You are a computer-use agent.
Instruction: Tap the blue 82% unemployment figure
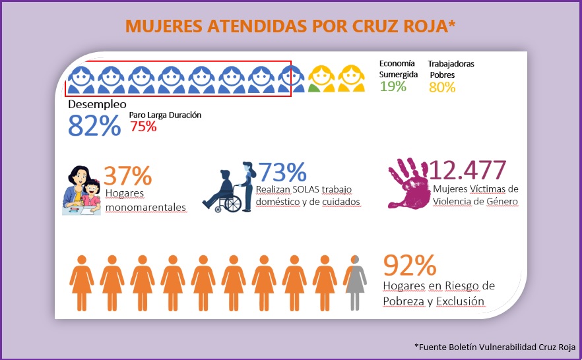[x=94, y=125]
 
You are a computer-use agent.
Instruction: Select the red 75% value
[x=143, y=127]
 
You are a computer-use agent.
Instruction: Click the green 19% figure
[x=393, y=86]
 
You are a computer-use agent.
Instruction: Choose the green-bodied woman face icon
[x=322, y=78]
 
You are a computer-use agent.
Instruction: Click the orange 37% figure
[x=128, y=175]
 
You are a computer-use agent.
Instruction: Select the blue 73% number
[x=282, y=171]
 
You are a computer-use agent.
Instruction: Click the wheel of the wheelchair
[x=233, y=204]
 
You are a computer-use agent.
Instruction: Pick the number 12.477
[x=468, y=171]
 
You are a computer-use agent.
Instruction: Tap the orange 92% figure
[x=410, y=265]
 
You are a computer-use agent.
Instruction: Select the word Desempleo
[x=97, y=104]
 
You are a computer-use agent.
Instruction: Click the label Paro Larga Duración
[x=165, y=115]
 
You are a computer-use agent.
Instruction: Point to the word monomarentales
[x=145, y=207]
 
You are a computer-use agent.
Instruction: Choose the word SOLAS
[x=315, y=189]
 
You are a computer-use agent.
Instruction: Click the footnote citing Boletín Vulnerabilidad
[x=494, y=347]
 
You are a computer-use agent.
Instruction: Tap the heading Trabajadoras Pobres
[x=451, y=69]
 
